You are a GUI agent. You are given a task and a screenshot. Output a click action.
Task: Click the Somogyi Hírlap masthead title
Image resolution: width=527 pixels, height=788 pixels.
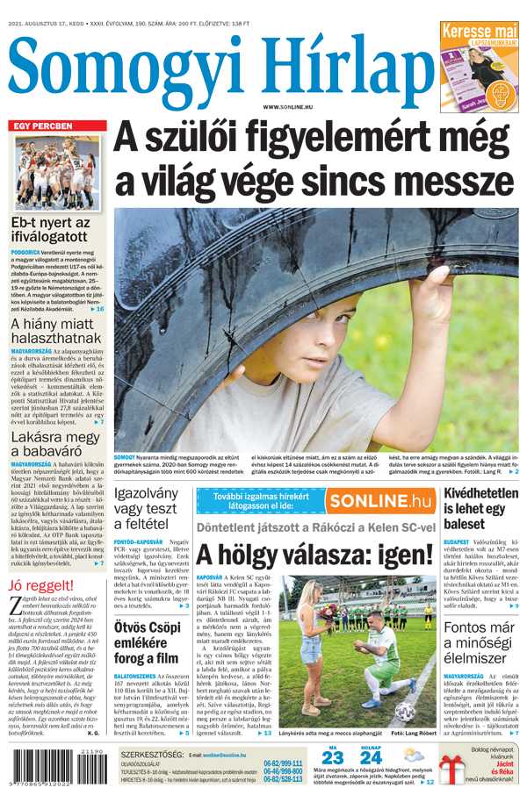pos(220,63)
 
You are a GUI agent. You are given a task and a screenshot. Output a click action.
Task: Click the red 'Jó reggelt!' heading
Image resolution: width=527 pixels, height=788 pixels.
pos(41,585)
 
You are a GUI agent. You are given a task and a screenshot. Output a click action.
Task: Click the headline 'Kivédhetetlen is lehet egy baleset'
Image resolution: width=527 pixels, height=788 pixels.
pos(480,508)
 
